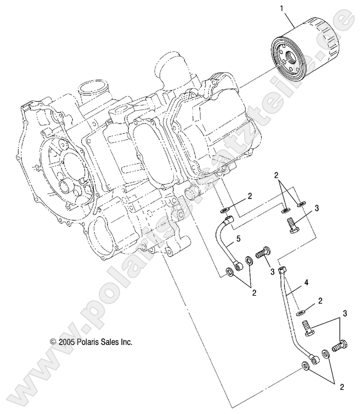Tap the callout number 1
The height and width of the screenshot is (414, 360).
click(x=282, y=9)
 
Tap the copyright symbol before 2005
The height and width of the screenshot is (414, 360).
click(x=53, y=341)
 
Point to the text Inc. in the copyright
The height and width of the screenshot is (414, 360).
click(x=126, y=341)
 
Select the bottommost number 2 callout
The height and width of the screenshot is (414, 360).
click(x=342, y=387)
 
